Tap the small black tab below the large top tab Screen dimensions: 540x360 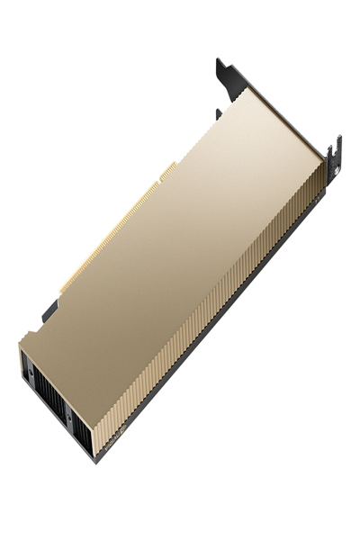pos(220,113)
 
